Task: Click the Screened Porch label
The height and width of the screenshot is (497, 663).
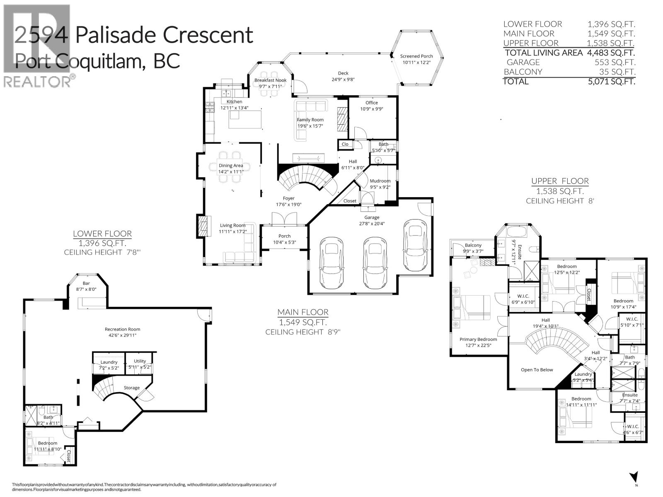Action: coord(416,56)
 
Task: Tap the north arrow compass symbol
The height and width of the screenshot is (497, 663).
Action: coord(633,477)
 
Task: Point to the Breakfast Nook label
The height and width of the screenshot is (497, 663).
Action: coord(270,80)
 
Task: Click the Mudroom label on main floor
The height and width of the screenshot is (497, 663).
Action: coord(380,181)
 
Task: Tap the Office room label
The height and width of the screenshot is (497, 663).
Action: coord(372,103)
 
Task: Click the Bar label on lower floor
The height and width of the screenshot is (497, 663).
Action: coord(86,283)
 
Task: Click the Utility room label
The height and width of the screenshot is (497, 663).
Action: coord(140,361)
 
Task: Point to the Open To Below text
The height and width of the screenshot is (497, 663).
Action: coord(537,370)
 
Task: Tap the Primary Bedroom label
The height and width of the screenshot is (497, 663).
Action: coord(478,339)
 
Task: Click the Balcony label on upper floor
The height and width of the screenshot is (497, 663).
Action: coord(473,245)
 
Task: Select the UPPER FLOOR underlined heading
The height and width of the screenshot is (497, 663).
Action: coord(560,181)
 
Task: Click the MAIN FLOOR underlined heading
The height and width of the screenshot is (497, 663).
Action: coord(303,312)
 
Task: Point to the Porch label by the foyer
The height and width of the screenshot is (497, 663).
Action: coord(284,236)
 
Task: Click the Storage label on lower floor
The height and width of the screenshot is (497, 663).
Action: coord(132,388)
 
